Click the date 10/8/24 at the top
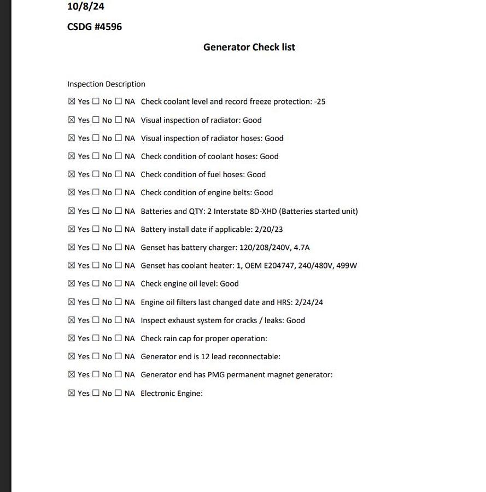pyautogui.click(x=85, y=7)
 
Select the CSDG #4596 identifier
pyautogui.click(x=94, y=27)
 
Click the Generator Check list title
pyautogui.click(x=249, y=47)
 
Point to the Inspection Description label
pyautogui.click(x=106, y=84)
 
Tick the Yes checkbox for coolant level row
pyautogui.click(x=72, y=102)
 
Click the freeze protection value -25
pyautogui.click(x=320, y=102)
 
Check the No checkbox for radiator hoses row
pyautogui.click(x=96, y=138)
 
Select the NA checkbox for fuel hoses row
pyautogui.click(x=119, y=174)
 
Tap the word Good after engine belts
pyautogui.click(x=264, y=192)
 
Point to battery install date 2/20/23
pyautogui.click(x=268, y=230)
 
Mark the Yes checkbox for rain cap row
pyautogui.click(x=72, y=338)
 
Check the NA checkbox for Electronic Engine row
pyautogui.click(x=119, y=393)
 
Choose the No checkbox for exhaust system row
pyautogui.click(x=96, y=320)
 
